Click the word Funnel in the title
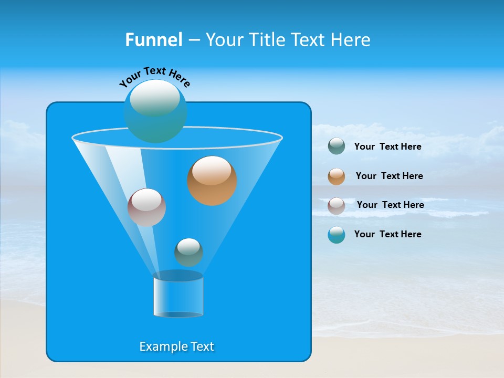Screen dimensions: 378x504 pyautogui.click(x=153, y=39)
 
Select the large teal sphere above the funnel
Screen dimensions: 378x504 pyautogui.click(x=155, y=111)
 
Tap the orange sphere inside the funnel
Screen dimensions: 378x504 pyautogui.click(x=212, y=181)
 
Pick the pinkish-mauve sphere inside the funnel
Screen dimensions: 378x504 pyautogui.click(x=146, y=207)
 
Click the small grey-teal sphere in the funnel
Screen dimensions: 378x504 pyautogui.click(x=188, y=253)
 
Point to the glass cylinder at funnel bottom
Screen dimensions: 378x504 pyautogui.click(x=178, y=296)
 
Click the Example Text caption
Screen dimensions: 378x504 pyautogui.click(x=176, y=346)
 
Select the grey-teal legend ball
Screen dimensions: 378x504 pyautogui.click(x=337, y=146)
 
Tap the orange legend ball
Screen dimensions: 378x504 pyautogui.click(x=337, y=176)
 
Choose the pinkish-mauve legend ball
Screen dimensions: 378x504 pyautogui.click(x=337, y=206)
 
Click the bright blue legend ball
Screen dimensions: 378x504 pyautogui.click(x=337, y=235)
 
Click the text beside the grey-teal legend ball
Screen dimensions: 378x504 pyautogui.click(x=387, y=146)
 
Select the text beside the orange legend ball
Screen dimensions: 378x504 pyautogui.click(x=389, y=176)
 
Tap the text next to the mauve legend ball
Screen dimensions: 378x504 pyautogui.click(x=390, y=205)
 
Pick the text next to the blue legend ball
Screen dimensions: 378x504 pyautogui.click(x=387, y=234)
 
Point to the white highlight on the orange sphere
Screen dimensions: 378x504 pyautogui.click(x=212, y=170)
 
